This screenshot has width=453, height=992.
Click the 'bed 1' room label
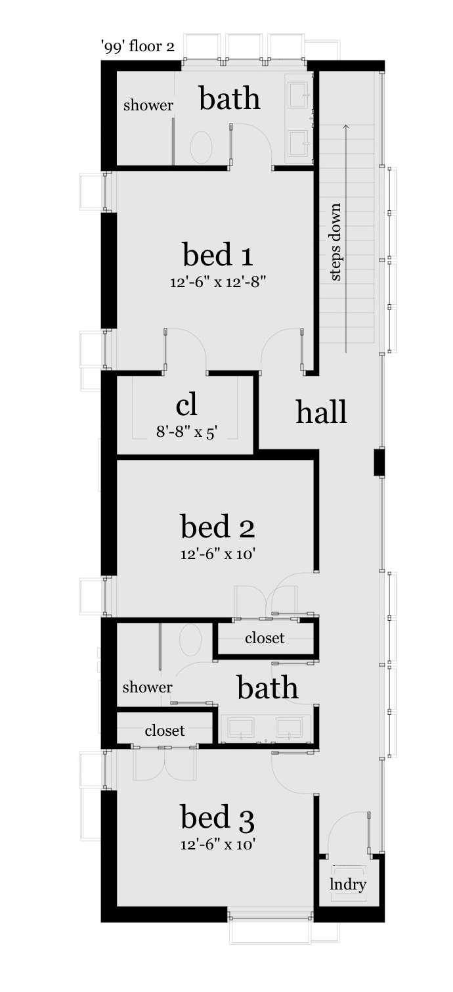tap(218, 254)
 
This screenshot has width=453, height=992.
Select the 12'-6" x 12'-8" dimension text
tap(218, 282)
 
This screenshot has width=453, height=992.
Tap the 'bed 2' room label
tap(217, 527)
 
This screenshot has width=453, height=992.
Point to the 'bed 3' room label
tap(217, 818)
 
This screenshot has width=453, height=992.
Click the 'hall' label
tap(321, 412)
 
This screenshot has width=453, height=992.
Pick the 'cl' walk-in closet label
tap(186, 405)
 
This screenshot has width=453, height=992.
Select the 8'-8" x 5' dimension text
tap(186, 432)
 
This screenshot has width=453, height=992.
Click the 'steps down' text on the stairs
tap(335, 242)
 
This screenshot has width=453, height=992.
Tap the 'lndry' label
tap(348, 884)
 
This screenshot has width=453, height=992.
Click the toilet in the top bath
tap(202, 147)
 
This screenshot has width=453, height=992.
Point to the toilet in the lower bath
tap(190, 640)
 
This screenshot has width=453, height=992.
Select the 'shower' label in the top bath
tap(148, 105)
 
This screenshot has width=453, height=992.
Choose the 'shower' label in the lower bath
tap(147, 687)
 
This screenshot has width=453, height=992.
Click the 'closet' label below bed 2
tap(265, 638)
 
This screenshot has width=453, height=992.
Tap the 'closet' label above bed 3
tap(165, 731)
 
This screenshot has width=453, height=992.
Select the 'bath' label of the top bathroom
tap(230, 99)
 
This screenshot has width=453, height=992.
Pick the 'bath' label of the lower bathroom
tap(267, 688)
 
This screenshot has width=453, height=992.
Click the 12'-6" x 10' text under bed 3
tap(217, 845)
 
